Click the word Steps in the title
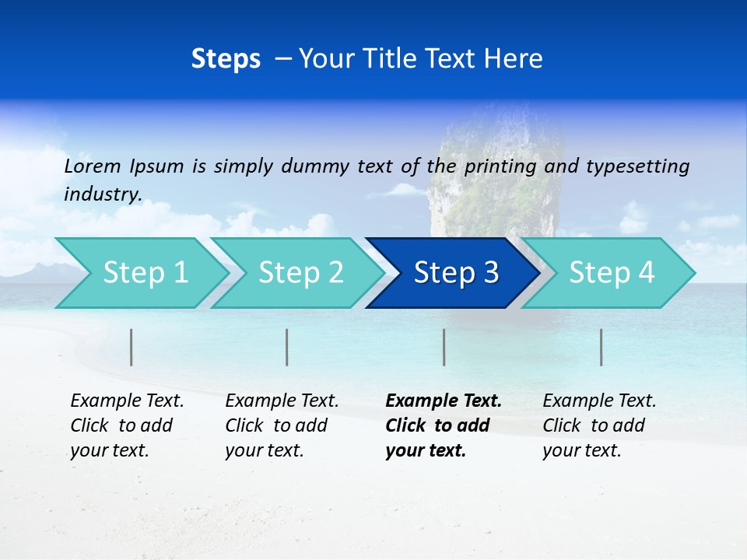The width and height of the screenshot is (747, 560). point(226,59)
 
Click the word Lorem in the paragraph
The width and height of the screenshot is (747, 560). point(92,166)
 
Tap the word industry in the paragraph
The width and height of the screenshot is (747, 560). point(102,194)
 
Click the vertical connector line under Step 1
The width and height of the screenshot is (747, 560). point(132,347)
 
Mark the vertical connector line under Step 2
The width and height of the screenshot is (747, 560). point(287,347)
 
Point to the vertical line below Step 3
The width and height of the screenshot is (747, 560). point(444,347)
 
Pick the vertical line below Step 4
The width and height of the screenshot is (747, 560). point(601,347)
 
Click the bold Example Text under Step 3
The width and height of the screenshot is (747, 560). point(444,401)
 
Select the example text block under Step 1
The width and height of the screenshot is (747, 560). point(127,425)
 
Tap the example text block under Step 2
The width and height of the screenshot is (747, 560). point(282,425)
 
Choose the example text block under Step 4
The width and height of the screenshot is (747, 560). point(599,425)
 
